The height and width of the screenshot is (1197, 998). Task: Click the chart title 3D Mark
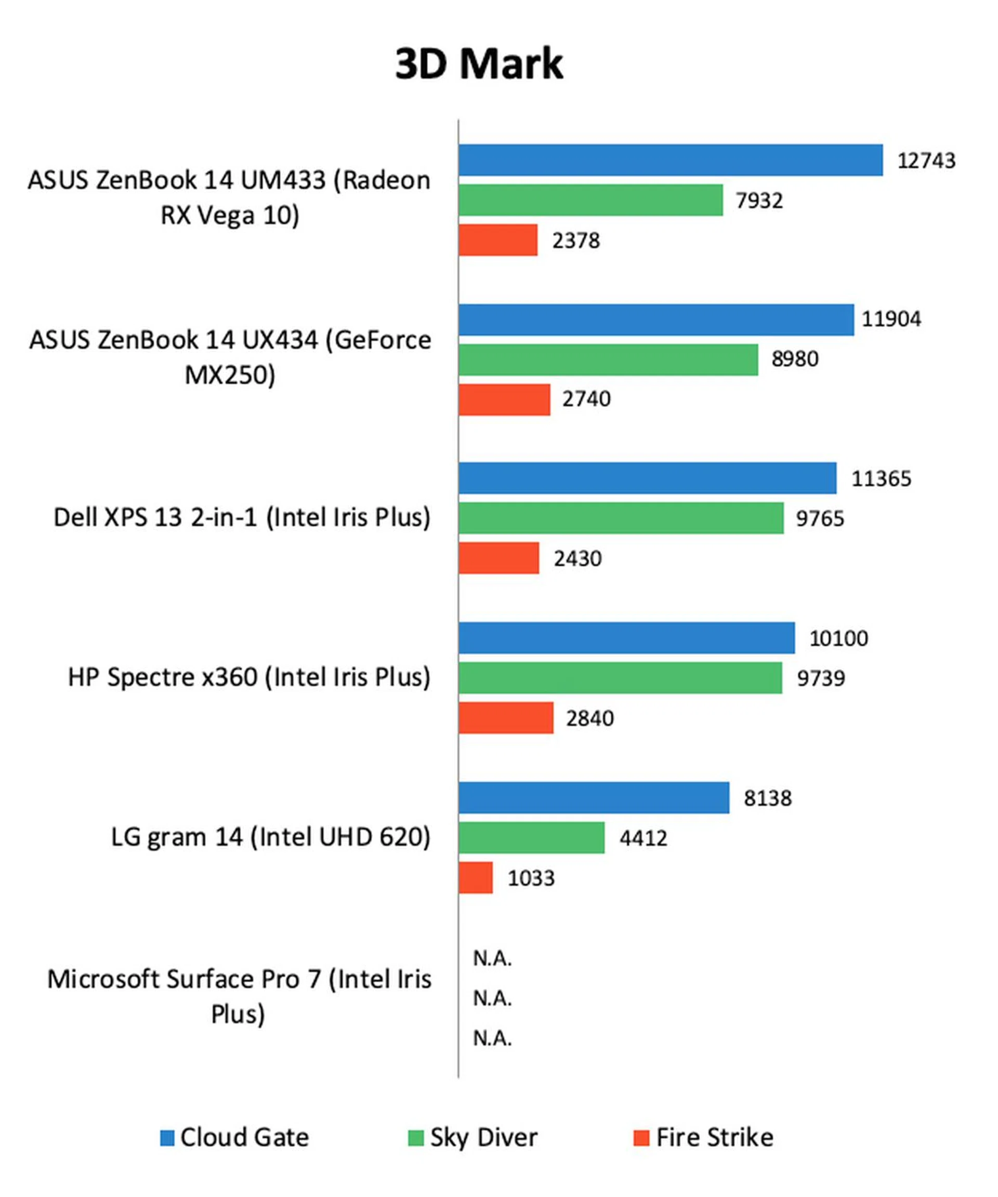pyautogui.click(x=479, y=64)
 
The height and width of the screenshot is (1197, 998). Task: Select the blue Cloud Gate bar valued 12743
pyautogui.click(x=670, y=160)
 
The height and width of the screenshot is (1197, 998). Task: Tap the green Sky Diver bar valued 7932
pyautogui.click(x=590, y=200)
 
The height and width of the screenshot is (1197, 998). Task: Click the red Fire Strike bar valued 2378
pyautogui.click(x=498, y=240)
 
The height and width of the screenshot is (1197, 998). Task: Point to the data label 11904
pyautogui.click(x=891, y=318)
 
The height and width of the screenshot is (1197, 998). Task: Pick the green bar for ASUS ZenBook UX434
pyautogui.click(x=608, y=360)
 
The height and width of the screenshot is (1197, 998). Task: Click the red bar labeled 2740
pyautogui.click(x=504, y=400)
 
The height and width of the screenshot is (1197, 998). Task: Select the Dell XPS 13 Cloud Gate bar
pyautogui.click(x=647, y=478)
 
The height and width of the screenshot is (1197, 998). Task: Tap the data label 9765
pyautogui.click(x=820, y=518)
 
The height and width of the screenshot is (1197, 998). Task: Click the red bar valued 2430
pyautogui.click(x=499, y=558)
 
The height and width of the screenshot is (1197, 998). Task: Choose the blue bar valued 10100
pyautogui.click(x=626, y=638)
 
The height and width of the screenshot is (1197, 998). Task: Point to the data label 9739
pyautogui.click(x=821, y=678)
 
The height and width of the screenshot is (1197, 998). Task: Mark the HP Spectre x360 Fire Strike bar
pyautogui.click(x=506, y=717)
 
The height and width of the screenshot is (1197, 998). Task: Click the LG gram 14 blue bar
pyautogui.click(x=594, y=797)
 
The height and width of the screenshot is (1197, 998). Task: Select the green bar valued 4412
pyautogui.click(x=532, y=837)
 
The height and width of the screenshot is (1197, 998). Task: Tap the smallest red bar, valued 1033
pyautogui.click(x=476, y=877)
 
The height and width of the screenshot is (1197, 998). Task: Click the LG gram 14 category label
pyautogui.click(x=270, y=837)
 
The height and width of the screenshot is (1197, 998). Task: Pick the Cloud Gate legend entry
pyautogui.click(x=235, y=1137)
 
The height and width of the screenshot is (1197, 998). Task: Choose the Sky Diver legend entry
pyautogui.click(x=473, y=1137)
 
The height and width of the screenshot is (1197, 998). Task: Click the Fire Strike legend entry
pyautogui.click(x=703, y=1137)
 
